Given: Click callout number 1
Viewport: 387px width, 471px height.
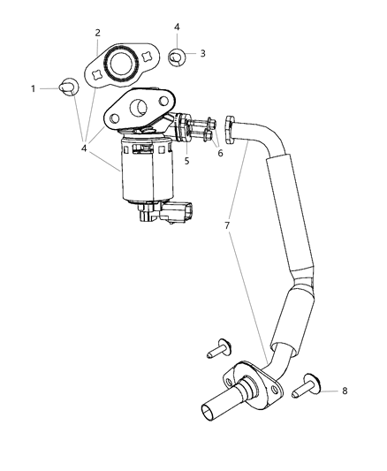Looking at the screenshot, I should pos(34,87).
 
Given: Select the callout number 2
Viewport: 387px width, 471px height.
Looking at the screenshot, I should pos(97,34).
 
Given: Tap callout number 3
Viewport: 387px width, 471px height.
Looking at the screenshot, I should pos(202,54).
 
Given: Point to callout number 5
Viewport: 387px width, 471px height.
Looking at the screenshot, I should pos(187,160).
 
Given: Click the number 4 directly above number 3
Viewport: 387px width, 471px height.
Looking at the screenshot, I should pos(177,27).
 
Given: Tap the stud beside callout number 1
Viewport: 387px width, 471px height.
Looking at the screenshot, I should pos(67,87).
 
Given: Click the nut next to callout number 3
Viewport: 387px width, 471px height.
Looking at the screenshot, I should pos(178,57).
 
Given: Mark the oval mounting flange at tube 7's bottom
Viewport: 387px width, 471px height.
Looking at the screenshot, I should pos(257,384).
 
